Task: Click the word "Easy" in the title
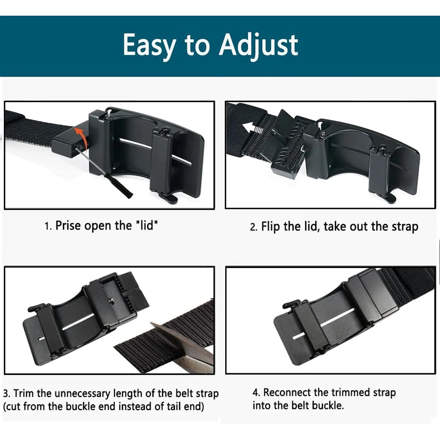[x=148, y=45]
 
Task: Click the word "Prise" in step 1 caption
[x=68, y=226]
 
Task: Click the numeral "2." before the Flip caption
[x=253, y=227]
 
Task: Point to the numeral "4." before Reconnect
[x=256, y=392]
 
